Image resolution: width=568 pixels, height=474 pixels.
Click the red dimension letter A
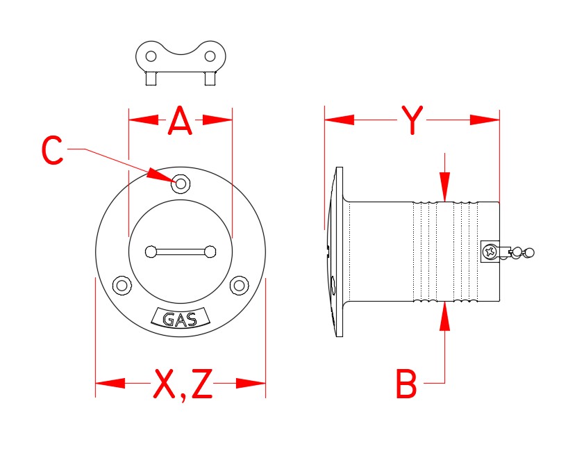pyautogui.click(x=180, y=122)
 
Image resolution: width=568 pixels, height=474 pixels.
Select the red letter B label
pyautogui.click(x=406, y=384)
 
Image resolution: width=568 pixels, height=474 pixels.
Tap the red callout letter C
pyautogui.click(x=53, y=151)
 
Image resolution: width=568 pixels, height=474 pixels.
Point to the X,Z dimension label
pyautogui.click(x=182, y=384)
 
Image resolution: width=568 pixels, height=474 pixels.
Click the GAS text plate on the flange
pyautogui.click(x=179, y=320)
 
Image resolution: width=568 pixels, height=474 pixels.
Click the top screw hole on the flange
pyautogui.click(x=181, y=183)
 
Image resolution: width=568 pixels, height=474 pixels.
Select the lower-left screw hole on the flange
pyautogui.click(x=122, y=285)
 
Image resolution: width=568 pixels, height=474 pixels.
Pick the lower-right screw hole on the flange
pyautogui.click(x=239, y=285)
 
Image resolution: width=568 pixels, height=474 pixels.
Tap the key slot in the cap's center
pyautogui.click(x=180, y=251)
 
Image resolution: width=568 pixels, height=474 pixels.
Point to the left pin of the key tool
pyautogui.click(x=150, y=79)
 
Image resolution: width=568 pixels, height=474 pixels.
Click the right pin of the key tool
pyautogui.click(x=209, y=79)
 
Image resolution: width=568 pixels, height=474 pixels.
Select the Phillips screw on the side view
pyautogui.click(x=491, y=251)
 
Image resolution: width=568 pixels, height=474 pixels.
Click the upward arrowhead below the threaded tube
pyautogui.click(x=445, y=316)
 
